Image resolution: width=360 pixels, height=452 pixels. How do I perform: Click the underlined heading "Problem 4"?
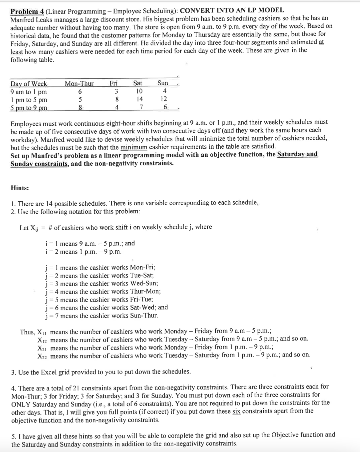tap(27, 12)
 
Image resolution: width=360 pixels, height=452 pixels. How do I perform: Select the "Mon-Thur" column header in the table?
tap(79, 83)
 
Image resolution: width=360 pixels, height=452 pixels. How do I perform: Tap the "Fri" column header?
tap(114, 83)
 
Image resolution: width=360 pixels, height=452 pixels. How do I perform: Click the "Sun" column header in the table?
tap(163, 83)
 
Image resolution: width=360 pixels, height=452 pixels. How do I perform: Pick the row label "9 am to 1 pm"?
tap(29, 92)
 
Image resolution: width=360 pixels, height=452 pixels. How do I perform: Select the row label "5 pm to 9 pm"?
tap(29, 108)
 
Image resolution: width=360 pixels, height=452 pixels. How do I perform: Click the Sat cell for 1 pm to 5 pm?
tap(139, 99)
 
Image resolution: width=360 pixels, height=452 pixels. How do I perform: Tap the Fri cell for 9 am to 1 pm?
tap(116, 91)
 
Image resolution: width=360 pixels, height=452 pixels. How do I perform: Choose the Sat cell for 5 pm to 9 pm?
tap(141, 107)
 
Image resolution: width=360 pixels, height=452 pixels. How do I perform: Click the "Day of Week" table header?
tap(29, 84)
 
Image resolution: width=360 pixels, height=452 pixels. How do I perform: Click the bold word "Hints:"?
tap(20, 188)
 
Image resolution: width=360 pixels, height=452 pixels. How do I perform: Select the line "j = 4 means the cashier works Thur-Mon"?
tap(103, 292)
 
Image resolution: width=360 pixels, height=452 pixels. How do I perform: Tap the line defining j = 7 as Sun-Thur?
tap(102, 316)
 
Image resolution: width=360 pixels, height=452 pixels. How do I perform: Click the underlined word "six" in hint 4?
tap(236, 411)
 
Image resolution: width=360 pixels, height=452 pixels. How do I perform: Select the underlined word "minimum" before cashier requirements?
tap(134, 147)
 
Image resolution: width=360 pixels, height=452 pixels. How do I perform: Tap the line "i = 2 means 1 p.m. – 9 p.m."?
tap(83, 252)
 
